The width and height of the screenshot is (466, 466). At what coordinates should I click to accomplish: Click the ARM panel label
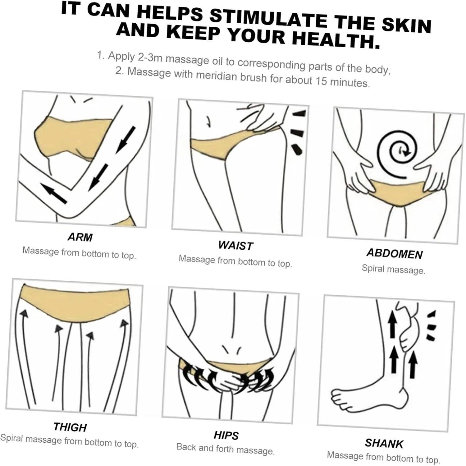click(80, 237)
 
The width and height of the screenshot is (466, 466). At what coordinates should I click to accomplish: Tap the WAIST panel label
click(235, 246)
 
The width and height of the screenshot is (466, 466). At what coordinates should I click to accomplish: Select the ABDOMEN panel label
click(395, 254)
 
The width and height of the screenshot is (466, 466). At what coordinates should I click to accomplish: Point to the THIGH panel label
click(70, 427)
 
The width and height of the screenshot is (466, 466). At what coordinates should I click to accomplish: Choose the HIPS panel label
click(226, 436)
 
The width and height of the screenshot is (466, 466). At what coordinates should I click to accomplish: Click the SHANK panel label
click(384, 443)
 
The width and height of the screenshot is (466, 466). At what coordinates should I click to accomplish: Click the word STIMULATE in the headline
click(269, 19)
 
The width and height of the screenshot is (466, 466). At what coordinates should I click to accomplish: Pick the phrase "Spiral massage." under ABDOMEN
click(393, 269)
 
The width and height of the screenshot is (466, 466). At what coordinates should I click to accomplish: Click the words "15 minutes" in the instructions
click(343, 82)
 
